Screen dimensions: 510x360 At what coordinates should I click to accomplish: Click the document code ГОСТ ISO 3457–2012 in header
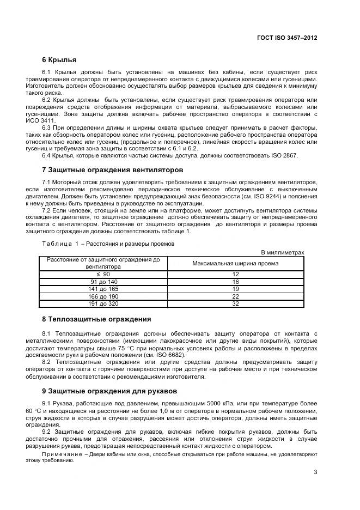[x=287, y=38]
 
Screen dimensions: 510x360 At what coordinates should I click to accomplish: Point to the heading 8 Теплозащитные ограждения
[x=96, y=319]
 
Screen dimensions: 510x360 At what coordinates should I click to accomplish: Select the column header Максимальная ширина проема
[x=235, y=263]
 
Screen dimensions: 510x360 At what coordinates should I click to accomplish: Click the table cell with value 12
[x=235, y=275]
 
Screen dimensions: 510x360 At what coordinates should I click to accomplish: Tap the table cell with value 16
[x=235, y=282]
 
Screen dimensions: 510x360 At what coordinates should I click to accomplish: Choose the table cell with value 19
[x=235, y=289]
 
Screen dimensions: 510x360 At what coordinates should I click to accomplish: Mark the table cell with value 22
[x=235, y=296]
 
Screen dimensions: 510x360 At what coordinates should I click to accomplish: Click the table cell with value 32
[x=235, y=303]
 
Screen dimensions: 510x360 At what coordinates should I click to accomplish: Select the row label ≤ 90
[x=102, y=275]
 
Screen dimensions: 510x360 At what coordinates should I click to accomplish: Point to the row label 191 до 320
[x=102, y=303]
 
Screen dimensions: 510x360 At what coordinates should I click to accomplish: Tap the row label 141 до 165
[x=102, y=289]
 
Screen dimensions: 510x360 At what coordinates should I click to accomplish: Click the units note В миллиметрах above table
[x=283, y=252]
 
